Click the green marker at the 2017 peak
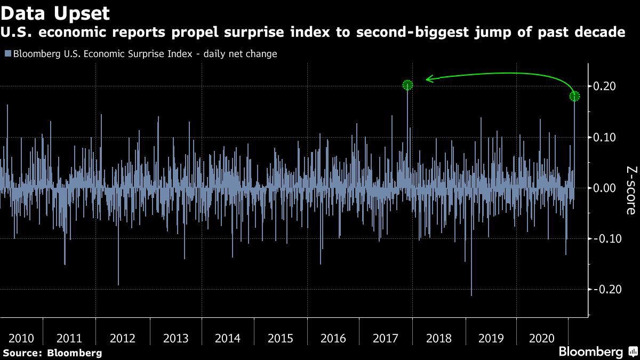pyautogui.click(x=407, y=85)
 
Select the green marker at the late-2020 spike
pyautogui.click(x=574, y=96)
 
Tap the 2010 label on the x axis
pyautogui.click(x=22, y=338)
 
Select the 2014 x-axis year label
pyautogui.click(x=227, y=338)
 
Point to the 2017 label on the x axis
pyautogui.click(x=386, y=338)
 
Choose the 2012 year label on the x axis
pyautogui.click(x=123, y=338)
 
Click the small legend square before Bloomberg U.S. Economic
pyautogui.click(x=7, y=54)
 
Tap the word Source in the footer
pyautogui.click(x=21, y=353)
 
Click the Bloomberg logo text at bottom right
pyautogui.click(x=590, y=352)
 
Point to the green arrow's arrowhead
pyautogui.click(x=428, y=79)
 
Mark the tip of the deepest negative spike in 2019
pyautogui.click(x=471, y=295)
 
